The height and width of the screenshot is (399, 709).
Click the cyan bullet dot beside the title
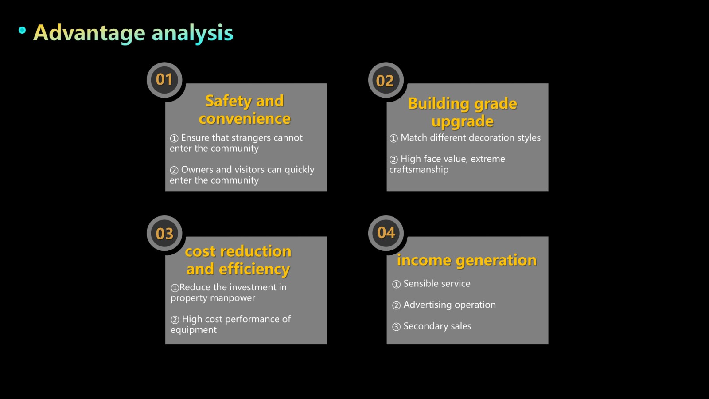[x=22, y=30]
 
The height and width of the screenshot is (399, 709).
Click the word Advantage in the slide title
[x=89, y=33]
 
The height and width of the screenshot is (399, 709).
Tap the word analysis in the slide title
[x=192, y=33]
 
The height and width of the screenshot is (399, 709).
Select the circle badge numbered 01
[x=164, y=80]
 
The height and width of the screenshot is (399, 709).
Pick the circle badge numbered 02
[x=386, y=80]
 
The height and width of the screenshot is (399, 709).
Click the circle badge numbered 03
[x=164, y=233]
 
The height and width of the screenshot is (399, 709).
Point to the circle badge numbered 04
[x=386, y=233]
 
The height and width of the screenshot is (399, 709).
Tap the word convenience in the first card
[x=245, y=119]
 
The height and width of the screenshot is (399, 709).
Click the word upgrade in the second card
[x=463, y=121]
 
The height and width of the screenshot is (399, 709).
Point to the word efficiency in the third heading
[x=254, y=270]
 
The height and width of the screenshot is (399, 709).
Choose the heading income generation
[x=467, y=260]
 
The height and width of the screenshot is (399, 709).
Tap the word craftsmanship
[x=419, y=170]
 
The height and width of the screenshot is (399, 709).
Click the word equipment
[x=193, y=330]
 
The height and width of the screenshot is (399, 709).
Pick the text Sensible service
[x=437, y=283]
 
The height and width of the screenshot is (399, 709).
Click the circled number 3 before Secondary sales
[x=396, y=326]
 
